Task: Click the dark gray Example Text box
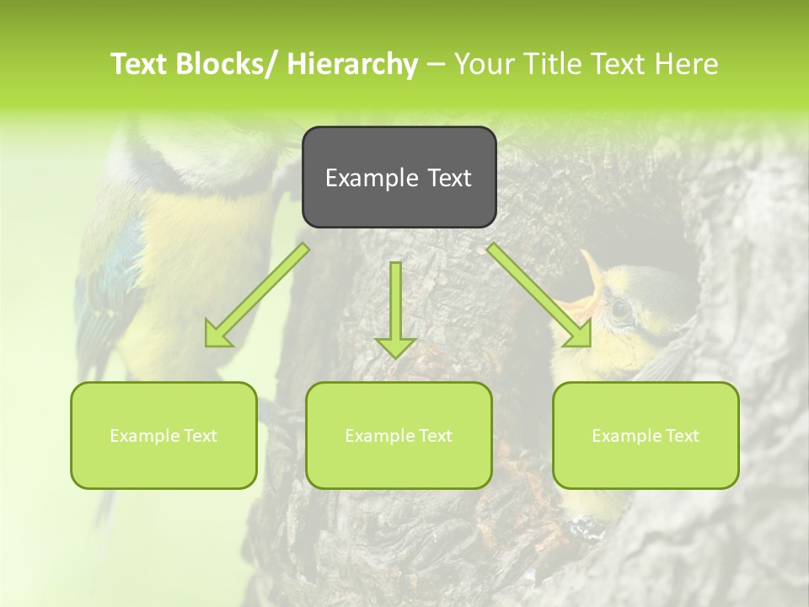coord(399,177)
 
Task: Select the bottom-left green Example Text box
coord(163,435)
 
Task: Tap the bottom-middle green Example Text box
coord(399,435)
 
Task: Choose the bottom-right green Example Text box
coord(646,435)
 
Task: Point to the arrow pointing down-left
coord(257,295)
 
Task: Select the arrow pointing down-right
coord(539,295)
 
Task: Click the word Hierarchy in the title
coord(352,64)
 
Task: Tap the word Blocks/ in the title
coord(231,64)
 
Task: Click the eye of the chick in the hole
coord(621,308)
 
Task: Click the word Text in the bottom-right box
coord(681,436)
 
